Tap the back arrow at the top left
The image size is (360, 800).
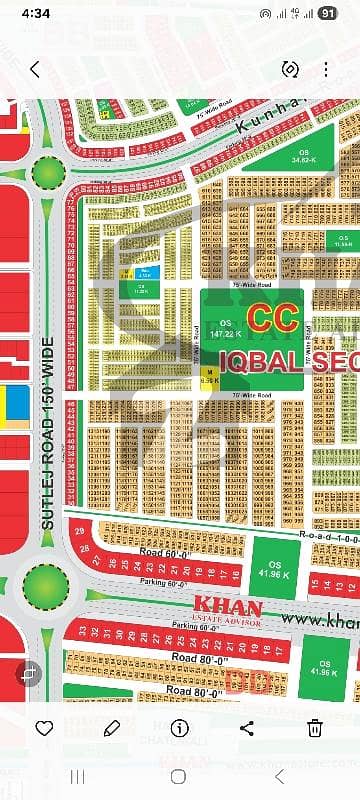pyautogui.click(x=35, y=69)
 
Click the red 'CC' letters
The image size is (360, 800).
pyautogui.click(x=271, y=318)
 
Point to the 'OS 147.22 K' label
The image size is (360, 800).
pyautogui.click(x=225, y=328)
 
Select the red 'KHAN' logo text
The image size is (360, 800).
pyautogui.click(x=227, y=607)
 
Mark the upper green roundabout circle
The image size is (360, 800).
pyautogui.click(x=48, y=172)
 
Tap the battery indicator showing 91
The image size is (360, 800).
pyautogui.click(x=328, y=13)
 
